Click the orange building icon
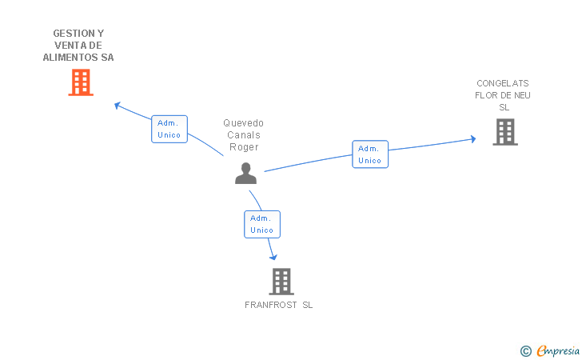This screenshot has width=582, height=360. coord(81,82)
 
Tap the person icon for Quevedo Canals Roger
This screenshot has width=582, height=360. coord(245,173)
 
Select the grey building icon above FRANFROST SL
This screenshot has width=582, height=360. coord(281,282)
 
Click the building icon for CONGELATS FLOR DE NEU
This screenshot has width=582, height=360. coord(505,132)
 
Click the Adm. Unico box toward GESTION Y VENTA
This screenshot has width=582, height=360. coord(169,129)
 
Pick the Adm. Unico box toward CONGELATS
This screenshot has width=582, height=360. coord(370,154)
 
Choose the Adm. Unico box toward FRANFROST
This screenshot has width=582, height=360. coord(262,224)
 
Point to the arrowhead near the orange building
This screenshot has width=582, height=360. coord(117,104)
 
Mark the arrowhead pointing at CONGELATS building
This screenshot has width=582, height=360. coord(472,139)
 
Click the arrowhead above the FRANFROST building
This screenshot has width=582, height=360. coord(273,257)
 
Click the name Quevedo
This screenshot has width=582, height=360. coord(243,123)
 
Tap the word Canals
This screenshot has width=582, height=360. coord(243,135)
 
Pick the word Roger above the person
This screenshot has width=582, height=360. coord(243,146)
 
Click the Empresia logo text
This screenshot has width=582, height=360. coord(558,350)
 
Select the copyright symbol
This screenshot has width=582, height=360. coord(525,350)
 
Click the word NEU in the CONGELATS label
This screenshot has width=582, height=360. coord(522,95)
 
